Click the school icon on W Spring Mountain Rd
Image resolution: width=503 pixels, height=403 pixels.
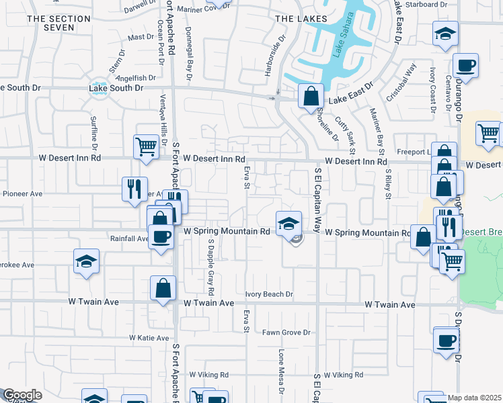288,223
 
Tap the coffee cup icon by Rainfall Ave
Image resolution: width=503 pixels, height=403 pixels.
161,237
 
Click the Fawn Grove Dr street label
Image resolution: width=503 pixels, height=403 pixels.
286,332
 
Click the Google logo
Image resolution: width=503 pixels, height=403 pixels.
22,395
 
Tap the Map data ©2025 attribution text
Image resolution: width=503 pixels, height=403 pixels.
474,398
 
